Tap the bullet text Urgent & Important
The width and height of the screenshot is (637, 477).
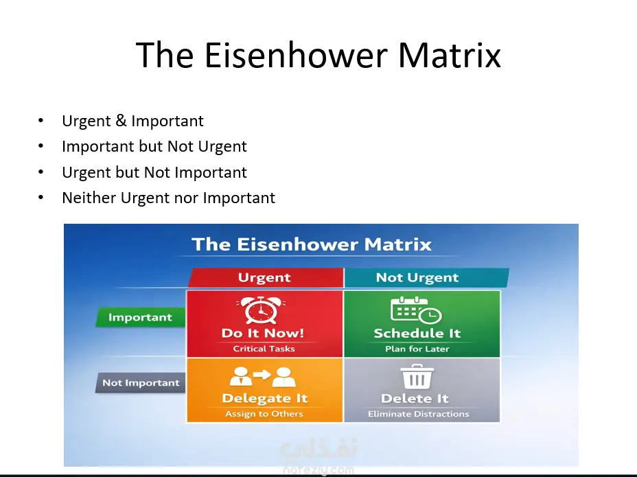coord(132,121)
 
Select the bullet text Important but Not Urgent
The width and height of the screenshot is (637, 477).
coord(154,147)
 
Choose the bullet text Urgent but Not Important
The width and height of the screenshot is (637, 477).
coord(154,172)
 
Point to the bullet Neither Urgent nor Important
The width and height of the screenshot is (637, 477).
coord(169,198)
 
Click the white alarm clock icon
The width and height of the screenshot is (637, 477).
coord(261,310)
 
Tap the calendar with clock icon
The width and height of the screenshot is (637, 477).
coord(416,310)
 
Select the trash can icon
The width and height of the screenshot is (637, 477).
coord(417,377)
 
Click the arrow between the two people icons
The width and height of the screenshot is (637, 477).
coord(262,374)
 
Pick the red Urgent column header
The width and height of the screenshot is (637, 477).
coord(266,277)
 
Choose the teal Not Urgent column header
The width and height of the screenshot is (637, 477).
coord(426,277)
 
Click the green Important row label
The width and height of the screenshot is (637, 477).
coord(140,317)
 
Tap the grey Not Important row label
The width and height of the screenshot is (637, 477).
coord(141,383)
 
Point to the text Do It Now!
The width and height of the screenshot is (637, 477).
coord(263,333)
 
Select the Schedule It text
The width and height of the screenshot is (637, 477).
coord(417,333)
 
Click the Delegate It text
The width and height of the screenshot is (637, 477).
coord(265,398)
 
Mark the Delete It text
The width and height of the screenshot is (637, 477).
coord(415,398)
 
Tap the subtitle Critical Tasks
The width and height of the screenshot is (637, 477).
coord(264,349)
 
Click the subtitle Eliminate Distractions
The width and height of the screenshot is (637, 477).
coord(419,414)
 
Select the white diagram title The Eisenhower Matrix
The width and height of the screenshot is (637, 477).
coord(312,244)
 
